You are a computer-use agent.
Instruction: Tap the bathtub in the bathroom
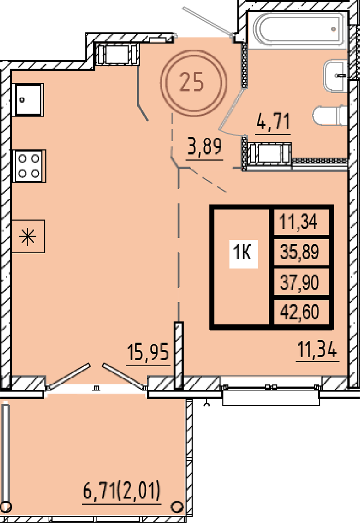(299, 30)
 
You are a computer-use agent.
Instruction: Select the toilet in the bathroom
(330, 116)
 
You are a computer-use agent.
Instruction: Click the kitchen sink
(28, 100)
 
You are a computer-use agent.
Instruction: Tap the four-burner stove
(29, 166)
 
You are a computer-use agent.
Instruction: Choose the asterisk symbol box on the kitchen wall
(28, 236)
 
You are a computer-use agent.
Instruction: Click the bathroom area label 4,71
(273, 121)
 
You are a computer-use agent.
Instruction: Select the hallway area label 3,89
(204, 147)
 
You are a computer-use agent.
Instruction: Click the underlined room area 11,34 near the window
(317, 349)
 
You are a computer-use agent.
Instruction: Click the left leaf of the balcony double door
(69, 376)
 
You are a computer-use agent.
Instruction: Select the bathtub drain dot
(334, 29)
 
